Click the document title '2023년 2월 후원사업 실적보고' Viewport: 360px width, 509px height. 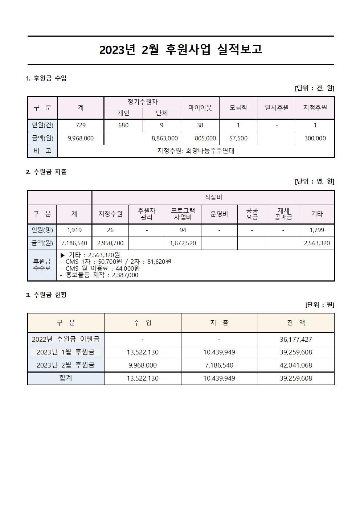(x=180, y=50)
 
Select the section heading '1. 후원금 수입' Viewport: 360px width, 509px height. (x=46, y=78)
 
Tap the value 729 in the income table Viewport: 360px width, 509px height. (x=81, y=125)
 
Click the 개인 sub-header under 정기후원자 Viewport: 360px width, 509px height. (x=123, y=113)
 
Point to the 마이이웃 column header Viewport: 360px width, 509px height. (x=200, y=108)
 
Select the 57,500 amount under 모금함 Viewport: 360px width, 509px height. (x=238, y=138)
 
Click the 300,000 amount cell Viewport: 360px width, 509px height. (x=315, y=138)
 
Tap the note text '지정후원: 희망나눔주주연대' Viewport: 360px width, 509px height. (x=196, y=151)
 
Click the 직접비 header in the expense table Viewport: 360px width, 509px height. (x=213, y=197)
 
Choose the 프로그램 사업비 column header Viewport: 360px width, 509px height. (x=183, y=214)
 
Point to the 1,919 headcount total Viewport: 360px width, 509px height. (x=74, y=230)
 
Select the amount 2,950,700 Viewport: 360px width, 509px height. (x=110, y=243)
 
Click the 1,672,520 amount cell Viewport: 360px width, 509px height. (x=183, y=243)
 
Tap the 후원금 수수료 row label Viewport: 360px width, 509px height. (x=42, y=265)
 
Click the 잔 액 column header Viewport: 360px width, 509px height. (x=296, y=323)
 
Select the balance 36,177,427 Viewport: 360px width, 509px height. (x=296, y=339)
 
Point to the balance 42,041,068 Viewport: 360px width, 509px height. (x=296, y=365)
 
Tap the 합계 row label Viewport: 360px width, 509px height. (x=66, y=378)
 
